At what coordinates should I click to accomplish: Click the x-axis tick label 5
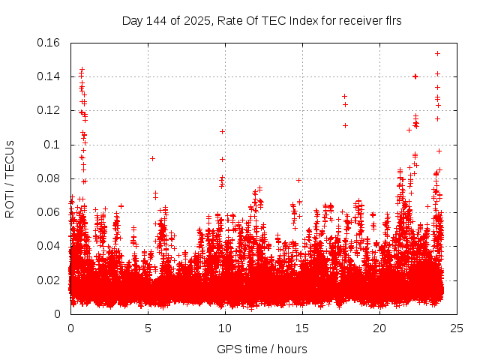point(148,328)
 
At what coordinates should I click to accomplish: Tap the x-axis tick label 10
point(225,328)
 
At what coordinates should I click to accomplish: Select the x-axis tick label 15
point(302,328)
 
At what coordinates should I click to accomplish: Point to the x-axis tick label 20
point(379,328)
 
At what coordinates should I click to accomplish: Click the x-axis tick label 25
point(457,328)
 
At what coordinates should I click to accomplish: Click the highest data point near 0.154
point(437,53)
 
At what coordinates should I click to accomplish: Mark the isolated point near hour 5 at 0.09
point(152,158)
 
